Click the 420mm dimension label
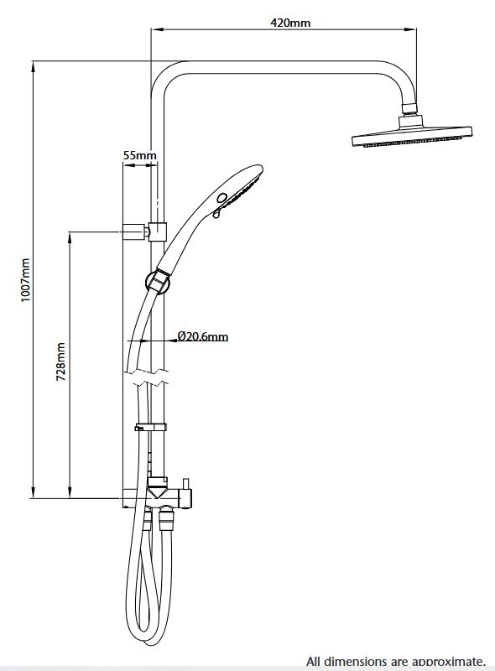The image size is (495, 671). tap(290, 23)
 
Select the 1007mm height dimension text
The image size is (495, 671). tap(26, 280)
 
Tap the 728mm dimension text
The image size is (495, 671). tap(61, 362)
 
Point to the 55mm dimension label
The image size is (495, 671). tap(139, 155)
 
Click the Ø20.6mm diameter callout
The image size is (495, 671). tap(202, 336)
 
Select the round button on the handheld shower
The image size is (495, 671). tap(221, 198)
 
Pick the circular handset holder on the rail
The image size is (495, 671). tap(158, 282)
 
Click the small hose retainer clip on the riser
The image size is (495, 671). tap(150, 427)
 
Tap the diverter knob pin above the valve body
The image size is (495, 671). tap(186, 484)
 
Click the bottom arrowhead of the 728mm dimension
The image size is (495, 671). tap(70, 492)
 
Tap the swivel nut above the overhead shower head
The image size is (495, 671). tap(410, 109)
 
